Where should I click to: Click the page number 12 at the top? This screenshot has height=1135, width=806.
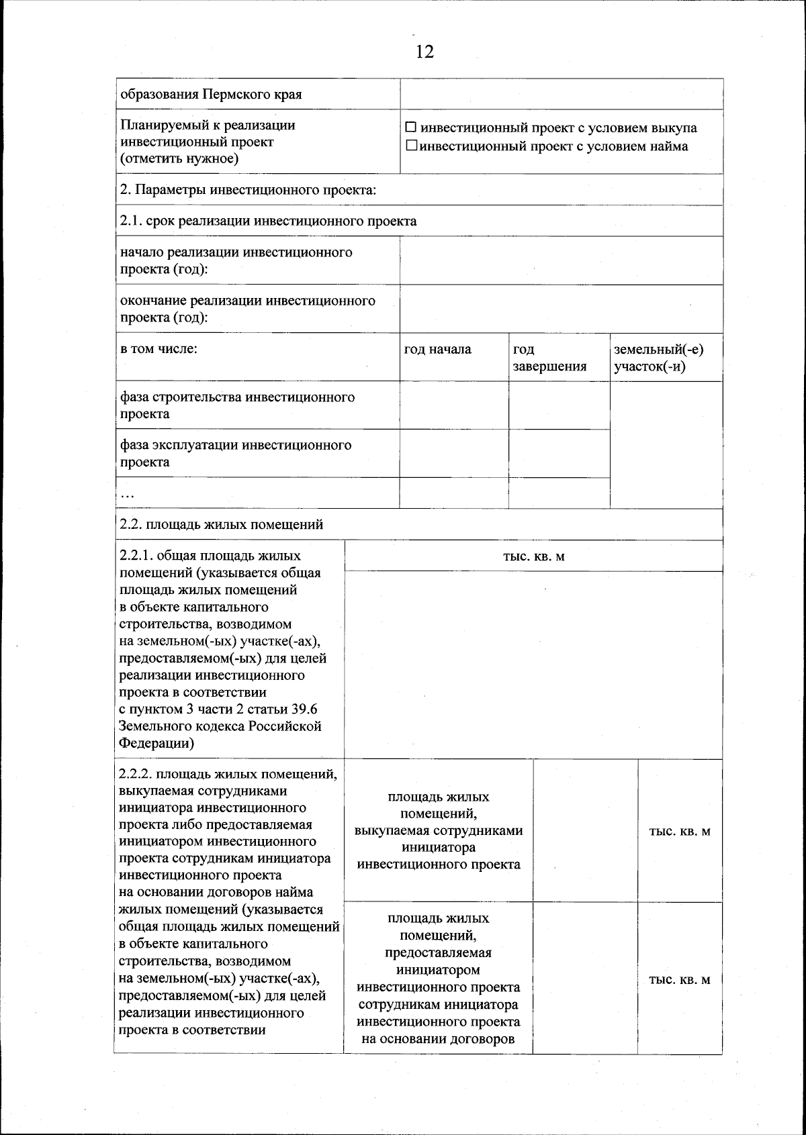pos(424,52)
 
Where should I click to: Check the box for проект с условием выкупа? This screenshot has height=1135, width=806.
pos(411,128)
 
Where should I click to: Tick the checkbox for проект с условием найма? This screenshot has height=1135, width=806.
pos(411,146)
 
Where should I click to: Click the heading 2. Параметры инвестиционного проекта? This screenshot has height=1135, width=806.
pos(247,189)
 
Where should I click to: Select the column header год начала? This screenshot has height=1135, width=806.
pos(437,349)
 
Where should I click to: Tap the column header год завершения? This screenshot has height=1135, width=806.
pos(549,358)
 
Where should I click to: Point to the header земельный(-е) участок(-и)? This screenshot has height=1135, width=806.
pos(658,358)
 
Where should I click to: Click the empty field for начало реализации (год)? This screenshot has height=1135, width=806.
pos(561,260)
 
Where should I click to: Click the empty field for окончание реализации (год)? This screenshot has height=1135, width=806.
pos(561,309)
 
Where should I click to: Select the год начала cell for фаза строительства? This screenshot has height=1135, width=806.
pos(453,405)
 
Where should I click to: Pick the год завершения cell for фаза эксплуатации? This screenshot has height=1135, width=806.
pos(559,454)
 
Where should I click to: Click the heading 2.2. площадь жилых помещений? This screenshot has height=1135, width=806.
pos(221,524)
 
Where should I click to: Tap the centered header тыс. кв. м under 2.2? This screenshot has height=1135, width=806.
pos(533,556)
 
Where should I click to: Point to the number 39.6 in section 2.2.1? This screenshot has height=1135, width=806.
pos(304,709)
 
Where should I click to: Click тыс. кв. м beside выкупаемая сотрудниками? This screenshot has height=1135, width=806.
pos(679,831)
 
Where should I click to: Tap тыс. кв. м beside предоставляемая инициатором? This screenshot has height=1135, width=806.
pos(679,979)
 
